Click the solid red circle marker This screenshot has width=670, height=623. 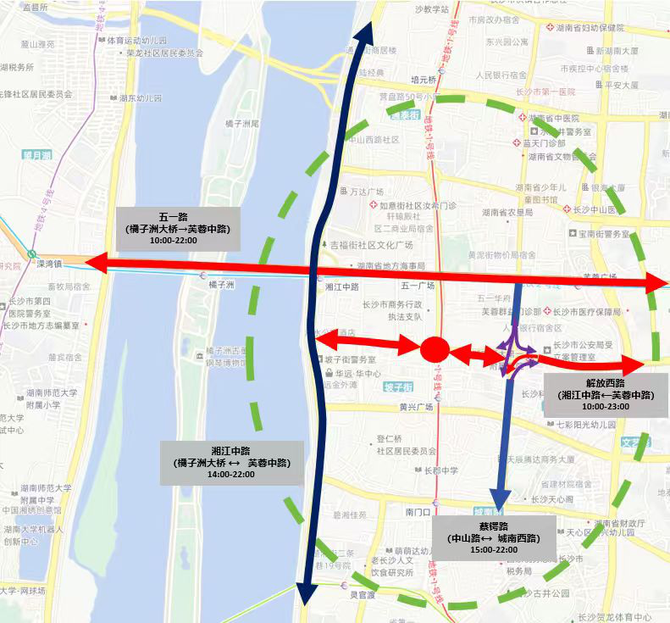point(434,348)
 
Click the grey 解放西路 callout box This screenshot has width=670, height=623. point(606,394)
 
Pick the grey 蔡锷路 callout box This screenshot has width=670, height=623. point(495,537)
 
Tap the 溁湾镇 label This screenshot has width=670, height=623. point(50,264)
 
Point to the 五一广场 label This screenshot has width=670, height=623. point(417,286)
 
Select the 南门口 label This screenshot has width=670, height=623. point(418,512)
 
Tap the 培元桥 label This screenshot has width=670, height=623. point(421,79)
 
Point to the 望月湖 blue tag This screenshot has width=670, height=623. point(38,155)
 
